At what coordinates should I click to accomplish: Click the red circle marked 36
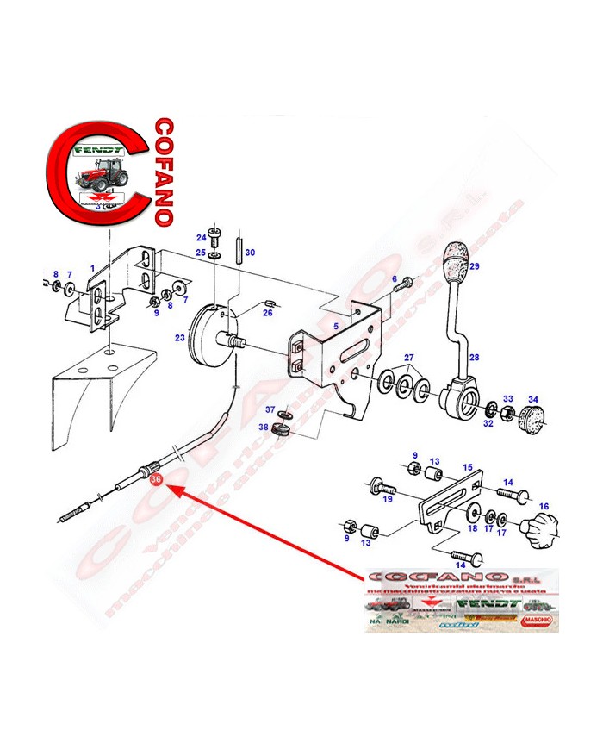pyautogui.click(x=155, y=478)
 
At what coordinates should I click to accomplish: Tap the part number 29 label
pyautogui.click(x=473, y=266)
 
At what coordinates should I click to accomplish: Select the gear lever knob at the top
pyautogui.click(x=453, y=259)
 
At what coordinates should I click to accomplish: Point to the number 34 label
pyautogui.click(x=533, y=399)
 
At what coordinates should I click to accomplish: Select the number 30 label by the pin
pyautogui.click(x=250, y=253)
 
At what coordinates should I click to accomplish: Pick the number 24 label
pyautogui.click(x=201, y=237)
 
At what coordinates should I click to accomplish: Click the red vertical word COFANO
pyautogui.click(x=161, y=172)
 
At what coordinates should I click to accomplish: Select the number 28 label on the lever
pyautogui.click(x=473, y=356)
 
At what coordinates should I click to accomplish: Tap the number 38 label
pyautogui.click(x=264, y=428)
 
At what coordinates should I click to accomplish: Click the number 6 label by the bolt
pyautogui.click(x=395, y=279)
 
